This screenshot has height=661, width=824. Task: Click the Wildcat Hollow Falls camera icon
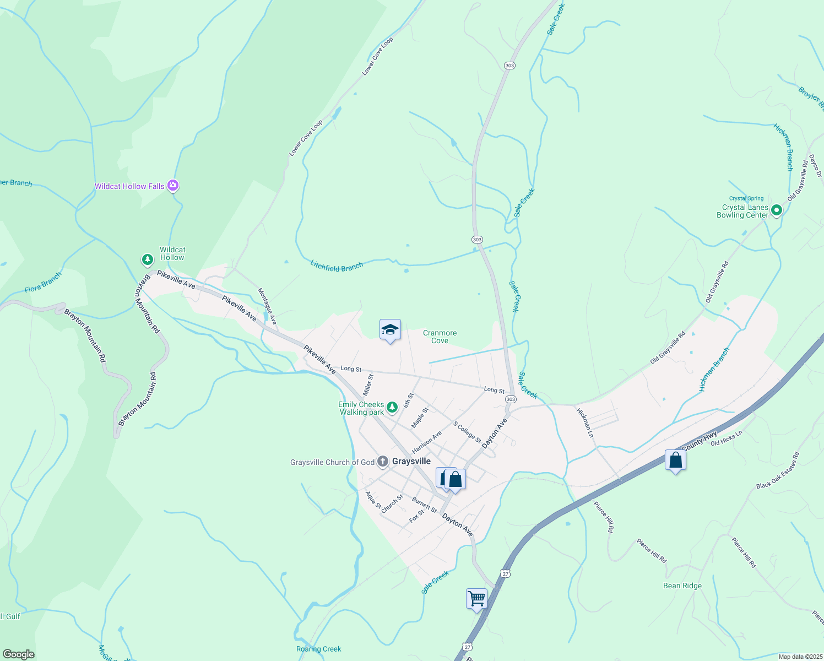(173, 186)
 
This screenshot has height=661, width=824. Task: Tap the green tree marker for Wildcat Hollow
(147, 259)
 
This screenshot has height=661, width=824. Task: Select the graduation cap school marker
(390, 330)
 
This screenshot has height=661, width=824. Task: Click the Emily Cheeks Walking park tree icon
(392, 408)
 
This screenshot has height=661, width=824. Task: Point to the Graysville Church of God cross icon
(383, 462)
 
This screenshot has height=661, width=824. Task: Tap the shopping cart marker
(476, 598)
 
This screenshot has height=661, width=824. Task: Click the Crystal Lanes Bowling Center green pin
(776, 210)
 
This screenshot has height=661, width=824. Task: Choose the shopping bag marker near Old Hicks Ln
(675, 460)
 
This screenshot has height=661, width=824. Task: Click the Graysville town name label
(411, 462)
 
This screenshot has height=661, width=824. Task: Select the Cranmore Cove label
(440, 337)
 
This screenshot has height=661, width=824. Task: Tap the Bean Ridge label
(682, 586)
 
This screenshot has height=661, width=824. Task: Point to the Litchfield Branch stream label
(337, 267)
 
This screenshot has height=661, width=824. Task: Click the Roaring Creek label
(318, 649)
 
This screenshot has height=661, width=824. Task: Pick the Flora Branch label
(43, 283)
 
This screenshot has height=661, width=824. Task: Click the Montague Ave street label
(267, 305)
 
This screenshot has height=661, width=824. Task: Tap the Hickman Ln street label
(585, 423)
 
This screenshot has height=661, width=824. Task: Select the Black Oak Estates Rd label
(778, 470)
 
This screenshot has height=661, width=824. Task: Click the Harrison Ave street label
(427, 442)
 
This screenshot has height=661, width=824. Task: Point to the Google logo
(19, 654)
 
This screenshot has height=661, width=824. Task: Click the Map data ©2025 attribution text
(800, 657)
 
